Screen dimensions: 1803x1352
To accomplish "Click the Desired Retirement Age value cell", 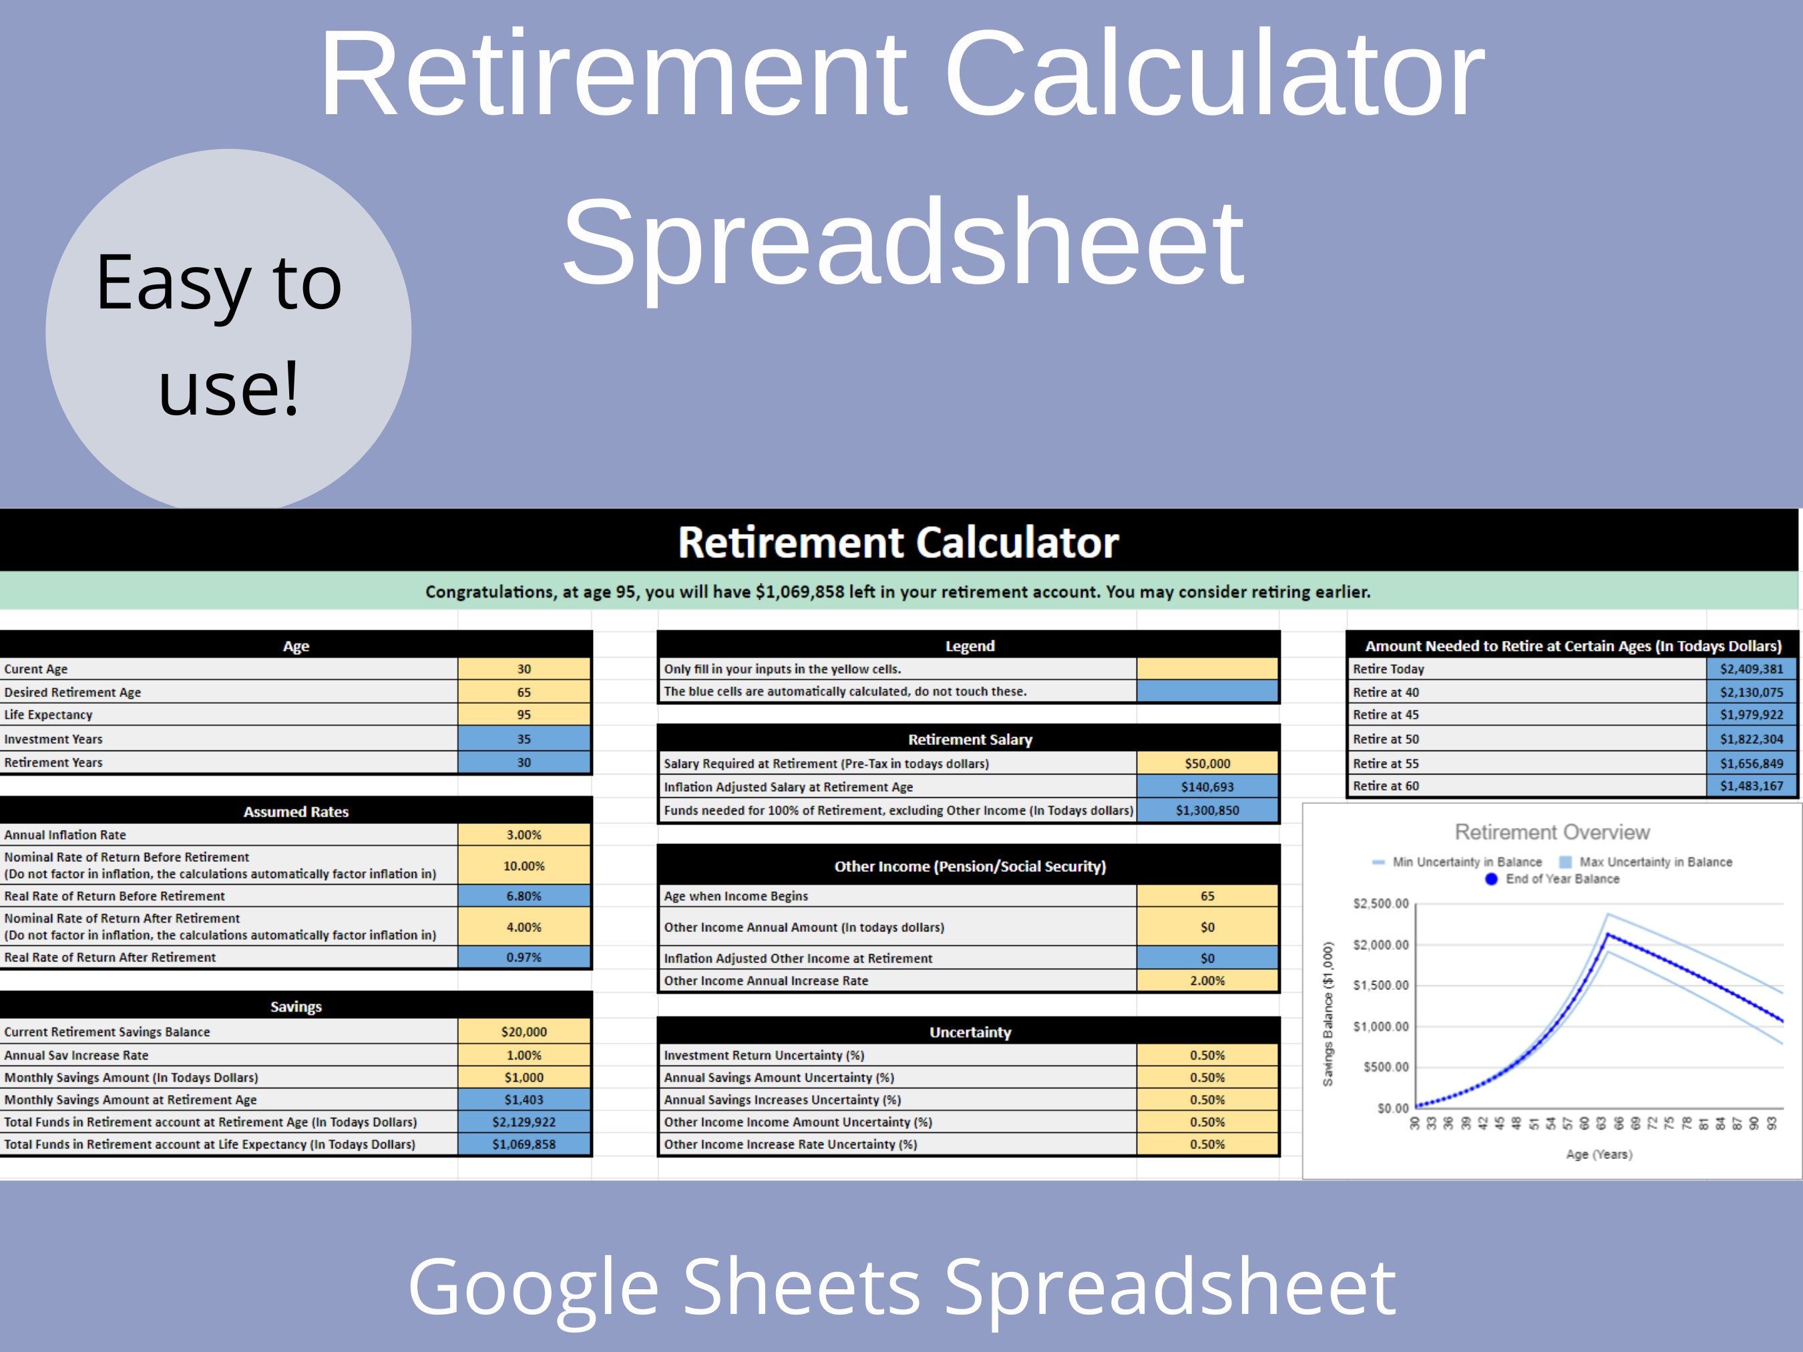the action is pyautogui.click(x=524, y=692).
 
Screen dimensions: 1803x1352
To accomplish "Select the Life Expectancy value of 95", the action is pyautogui.click(x=524, y=714).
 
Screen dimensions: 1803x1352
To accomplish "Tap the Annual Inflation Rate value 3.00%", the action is pyautogui.click(x=524, y=835).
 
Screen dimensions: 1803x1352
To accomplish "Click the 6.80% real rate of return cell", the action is pyautogui.click(x=524, y=895).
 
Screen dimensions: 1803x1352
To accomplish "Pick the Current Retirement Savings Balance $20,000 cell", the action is pyautogui.click(x=524, y=1032).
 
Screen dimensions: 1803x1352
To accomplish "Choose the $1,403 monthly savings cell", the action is pyautogui.click(x=524, y=1100).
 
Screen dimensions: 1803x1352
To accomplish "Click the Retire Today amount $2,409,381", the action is pyautogui.click(x=1752, y=669).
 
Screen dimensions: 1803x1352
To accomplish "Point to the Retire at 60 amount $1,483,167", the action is pyautogui.click(x=1752, y=786).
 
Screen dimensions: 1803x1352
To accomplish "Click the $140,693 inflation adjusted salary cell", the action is pyautogui.click(x=1207, y=786).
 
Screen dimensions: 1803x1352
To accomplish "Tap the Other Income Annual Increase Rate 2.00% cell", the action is pyautogui.click(x=1207, y=980).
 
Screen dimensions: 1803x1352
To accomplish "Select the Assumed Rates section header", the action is pyautogui.click(x=296, y=812).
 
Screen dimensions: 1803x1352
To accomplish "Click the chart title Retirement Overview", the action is pyautogui.click(x=1552, y=832).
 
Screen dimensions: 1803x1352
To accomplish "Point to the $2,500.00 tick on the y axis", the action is pyautogui.click(x=1381, y=904).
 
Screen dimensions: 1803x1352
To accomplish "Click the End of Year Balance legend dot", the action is pyautogui.click(x=1491, y=879).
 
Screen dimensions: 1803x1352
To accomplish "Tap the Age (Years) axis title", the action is pyautogui.click(x=1599, y=1154).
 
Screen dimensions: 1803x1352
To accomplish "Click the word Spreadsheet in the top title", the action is pyautogui.click(x=902, y=243).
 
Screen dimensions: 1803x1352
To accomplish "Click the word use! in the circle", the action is pyautogui.click(x=228, y=388).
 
